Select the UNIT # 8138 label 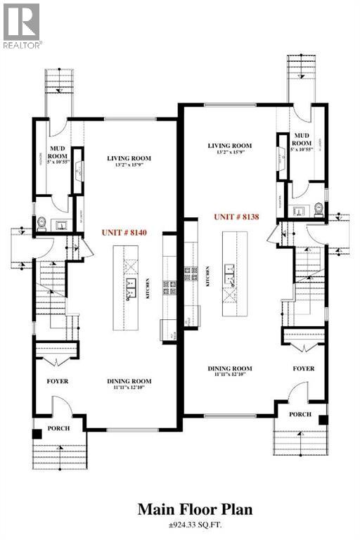(x=237, y=217)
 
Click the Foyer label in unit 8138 (x=304, y=368)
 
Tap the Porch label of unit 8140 (x=58, y=427)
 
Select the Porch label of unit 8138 (x=301, y=415)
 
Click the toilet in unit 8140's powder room (x=42, y=224)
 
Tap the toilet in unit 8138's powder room (x=319, y=208)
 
